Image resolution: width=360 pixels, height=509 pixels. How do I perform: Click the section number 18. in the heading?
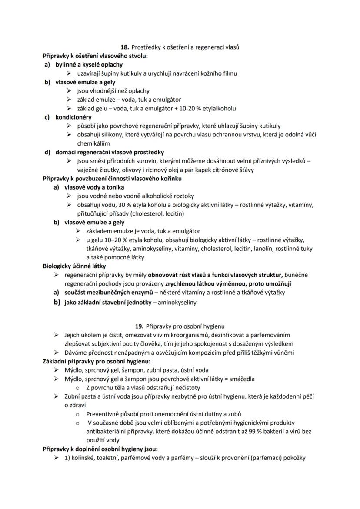click(x=125, y=47)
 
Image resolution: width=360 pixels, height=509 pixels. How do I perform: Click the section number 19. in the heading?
click(x=140, y=326)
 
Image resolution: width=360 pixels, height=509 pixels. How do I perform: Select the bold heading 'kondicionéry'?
click(x=73, y=117)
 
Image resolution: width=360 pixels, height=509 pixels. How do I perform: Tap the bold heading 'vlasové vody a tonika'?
click(x=94, y=187)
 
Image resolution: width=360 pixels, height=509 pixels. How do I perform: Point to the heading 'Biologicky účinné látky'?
click(x=74, y=266)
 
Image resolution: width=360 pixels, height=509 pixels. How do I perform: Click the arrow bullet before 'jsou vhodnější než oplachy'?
click(x=70, y=91)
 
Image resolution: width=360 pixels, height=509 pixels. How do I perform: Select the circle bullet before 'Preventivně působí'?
click(x=77, y=414)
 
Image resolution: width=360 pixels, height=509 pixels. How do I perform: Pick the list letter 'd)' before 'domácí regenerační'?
click(x=47, y=152)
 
